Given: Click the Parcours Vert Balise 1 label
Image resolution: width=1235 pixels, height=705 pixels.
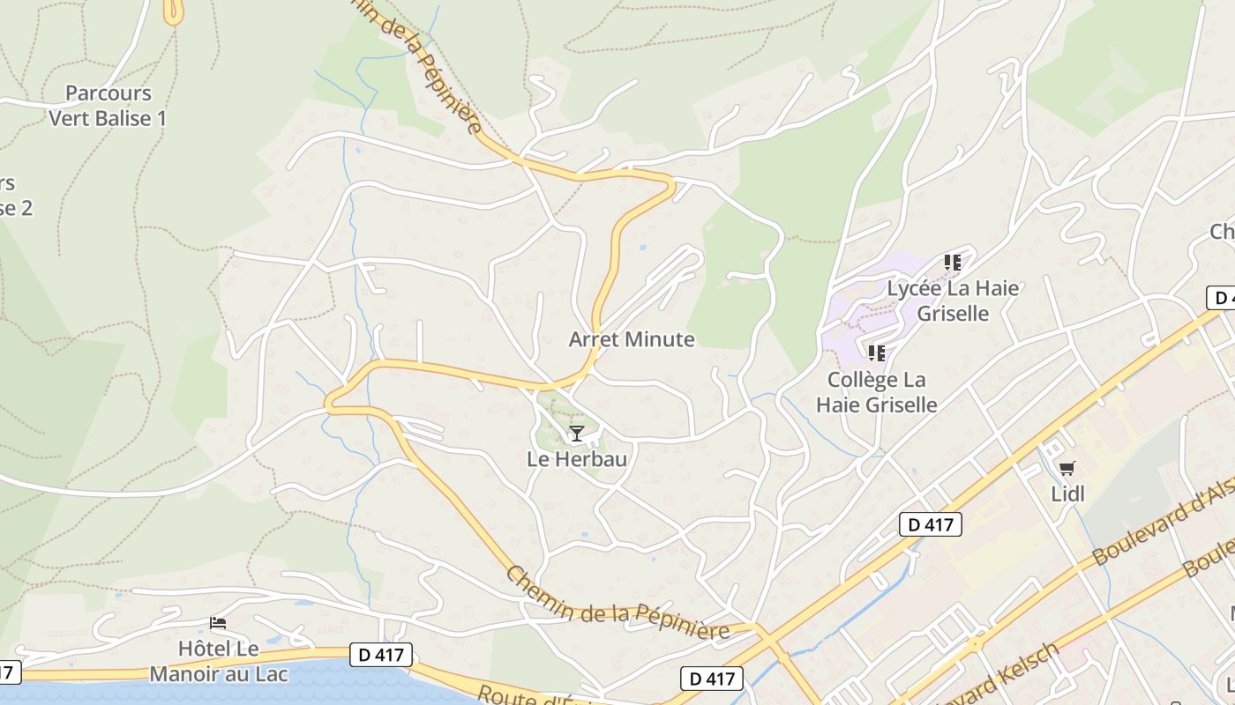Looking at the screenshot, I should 107,106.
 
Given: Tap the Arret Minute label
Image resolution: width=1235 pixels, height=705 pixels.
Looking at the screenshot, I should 632,339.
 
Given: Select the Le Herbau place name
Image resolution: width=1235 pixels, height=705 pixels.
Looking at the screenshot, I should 577,459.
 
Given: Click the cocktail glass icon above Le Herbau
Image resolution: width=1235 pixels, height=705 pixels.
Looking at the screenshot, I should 576,433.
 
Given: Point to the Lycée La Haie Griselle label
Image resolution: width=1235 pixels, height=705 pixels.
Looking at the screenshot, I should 953,301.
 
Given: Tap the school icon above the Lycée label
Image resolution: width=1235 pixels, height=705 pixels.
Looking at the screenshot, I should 952,262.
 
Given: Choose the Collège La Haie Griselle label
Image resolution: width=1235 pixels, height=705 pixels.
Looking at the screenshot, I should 876,392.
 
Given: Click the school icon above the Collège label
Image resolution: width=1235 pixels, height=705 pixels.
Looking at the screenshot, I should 876,353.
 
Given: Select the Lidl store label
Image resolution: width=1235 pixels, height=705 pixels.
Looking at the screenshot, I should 1067,493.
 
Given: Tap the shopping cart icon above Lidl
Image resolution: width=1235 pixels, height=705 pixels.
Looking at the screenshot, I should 1067,468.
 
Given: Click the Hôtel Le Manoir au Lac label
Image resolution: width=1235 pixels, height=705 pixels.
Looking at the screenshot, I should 219,662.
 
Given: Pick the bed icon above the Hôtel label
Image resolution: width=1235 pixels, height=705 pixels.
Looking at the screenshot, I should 218,623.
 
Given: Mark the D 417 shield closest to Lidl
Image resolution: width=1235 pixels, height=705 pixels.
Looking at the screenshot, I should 930,524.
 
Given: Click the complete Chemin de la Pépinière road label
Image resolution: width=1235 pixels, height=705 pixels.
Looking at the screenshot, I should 617,605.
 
